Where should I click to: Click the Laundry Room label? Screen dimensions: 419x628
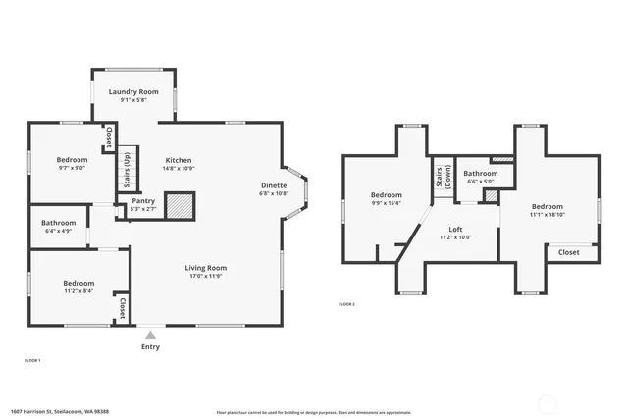133,91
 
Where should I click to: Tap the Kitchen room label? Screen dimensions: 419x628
178,160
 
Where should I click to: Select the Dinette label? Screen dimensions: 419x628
274,185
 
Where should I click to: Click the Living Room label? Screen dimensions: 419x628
206,268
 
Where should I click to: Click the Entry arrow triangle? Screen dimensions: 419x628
150,334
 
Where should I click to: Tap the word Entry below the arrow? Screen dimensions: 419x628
150,346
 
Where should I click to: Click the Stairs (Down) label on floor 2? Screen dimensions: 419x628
442,177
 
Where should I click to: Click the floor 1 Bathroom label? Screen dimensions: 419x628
58,223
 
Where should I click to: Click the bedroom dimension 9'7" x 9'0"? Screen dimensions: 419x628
71,168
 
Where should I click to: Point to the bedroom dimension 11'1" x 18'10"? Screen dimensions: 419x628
547,215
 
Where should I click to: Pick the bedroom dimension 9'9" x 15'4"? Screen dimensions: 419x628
386,203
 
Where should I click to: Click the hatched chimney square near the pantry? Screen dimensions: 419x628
180,205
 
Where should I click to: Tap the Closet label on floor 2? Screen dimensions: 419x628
569,252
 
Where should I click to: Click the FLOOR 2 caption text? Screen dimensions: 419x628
346,305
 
